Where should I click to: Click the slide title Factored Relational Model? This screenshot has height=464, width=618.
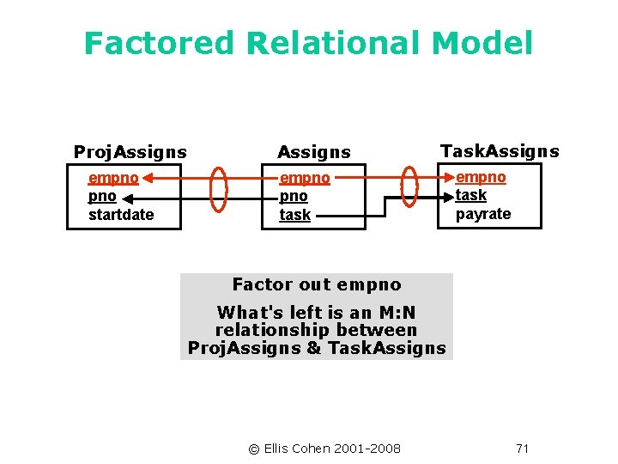[308, 43]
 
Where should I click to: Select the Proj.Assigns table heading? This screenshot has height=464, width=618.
[130, 152]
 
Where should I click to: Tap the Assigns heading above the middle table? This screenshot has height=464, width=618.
[313, 152]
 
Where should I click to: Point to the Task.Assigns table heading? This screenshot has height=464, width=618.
[499, 151]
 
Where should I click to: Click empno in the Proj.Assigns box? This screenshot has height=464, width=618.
[112, 179]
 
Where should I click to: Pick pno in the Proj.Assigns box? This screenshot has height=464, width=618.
[102, 197]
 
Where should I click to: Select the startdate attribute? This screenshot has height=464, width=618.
[121, 215]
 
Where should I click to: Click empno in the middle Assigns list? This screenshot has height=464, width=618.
[304, 179]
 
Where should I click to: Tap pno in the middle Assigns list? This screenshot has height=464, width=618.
[293, 197]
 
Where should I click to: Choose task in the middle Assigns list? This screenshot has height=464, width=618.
[294, 215]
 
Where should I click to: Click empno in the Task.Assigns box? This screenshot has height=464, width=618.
[481, 177]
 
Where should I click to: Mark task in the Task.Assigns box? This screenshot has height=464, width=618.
[470, 195]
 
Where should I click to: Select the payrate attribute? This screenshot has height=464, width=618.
[482, 214]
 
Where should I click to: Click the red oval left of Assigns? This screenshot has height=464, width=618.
[219, 187]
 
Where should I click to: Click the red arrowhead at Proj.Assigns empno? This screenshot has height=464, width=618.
[147, 179]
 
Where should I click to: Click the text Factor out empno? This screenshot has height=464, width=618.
[316, 284]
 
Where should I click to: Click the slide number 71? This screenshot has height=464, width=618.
[523, 449]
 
